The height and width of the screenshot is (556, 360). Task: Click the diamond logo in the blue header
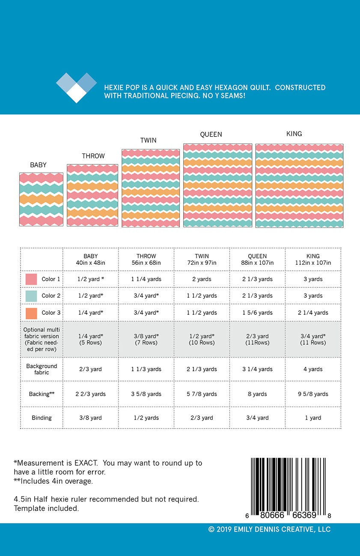pyautogui.click(x=77, y=88)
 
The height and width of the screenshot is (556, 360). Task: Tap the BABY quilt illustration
pyautogui.click(x=41, y=199)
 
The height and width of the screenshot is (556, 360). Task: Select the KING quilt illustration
pyautogui.click(x=299, y=186)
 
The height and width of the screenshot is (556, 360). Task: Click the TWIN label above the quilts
pyautogui.click(x=148, y=140)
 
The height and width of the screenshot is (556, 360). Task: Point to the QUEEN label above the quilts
pyautogui.click(x=211, y=134)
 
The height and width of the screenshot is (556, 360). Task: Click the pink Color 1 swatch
pyautogui.click(x=31, y=279)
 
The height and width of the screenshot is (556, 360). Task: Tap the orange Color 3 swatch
pyautogui.click(x=31, y=313)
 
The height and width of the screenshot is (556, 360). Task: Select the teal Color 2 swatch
pyautogui.click(x=31, y=296)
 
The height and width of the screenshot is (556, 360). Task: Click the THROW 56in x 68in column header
pyautogui.click(x=146, y=260)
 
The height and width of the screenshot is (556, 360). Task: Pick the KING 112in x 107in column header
pyautogui.click(x=313, y=260)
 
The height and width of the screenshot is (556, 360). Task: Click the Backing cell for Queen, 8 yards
pyautogui.click(x=257, y=394)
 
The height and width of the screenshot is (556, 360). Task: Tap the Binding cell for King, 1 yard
pyautogui.click(x=313, y=418)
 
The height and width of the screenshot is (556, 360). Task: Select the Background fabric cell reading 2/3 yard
pyautogui.click(x=90, y=370)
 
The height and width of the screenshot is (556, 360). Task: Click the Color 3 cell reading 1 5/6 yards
pyautogui.click(x=257, y=313)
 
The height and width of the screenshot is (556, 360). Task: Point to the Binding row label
pyautogui.click(x=41, y=418)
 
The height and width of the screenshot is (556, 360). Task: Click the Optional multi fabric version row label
pyautogui.click(x=41, y=339)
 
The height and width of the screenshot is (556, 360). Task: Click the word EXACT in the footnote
pyautogui.click(x=82, y=463)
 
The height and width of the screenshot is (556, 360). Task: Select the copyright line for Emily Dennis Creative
pyautogui.click(x=269, y=529)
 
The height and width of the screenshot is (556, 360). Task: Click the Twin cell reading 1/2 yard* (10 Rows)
pyautogui.click(x=202, y=339)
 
